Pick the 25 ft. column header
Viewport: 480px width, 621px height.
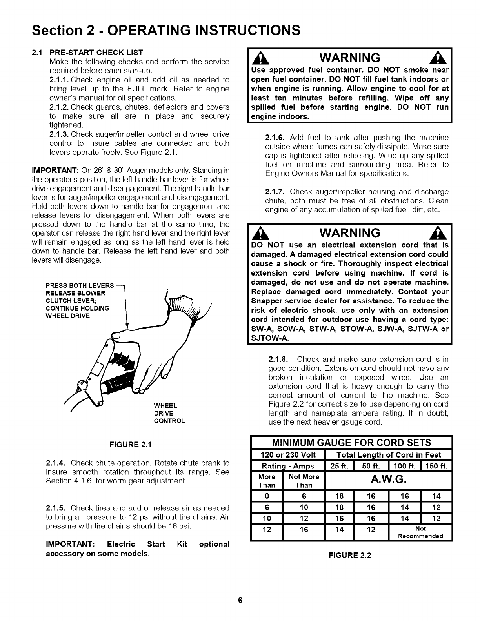(340, 466)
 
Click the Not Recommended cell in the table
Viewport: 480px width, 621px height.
(420, 532)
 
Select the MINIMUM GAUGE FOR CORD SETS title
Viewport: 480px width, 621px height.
(351, 443)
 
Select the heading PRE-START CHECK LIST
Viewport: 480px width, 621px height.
(96, 52)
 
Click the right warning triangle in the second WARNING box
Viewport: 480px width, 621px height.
(442, 234)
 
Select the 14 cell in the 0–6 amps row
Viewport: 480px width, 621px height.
(436, 496)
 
